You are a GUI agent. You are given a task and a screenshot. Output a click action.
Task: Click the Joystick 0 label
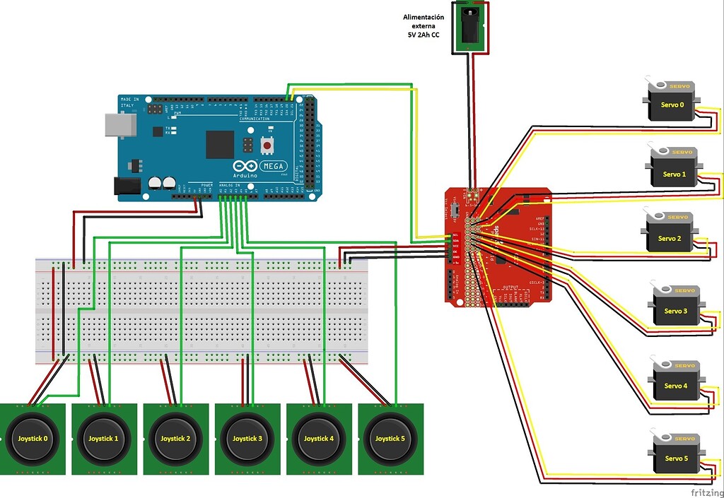coord(33,439)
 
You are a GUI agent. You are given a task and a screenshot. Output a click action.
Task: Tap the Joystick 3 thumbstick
coord(247,438)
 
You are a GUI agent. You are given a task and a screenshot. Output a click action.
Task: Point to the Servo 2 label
coord(669,239)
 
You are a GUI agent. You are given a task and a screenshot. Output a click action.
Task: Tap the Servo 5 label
coord(675,458)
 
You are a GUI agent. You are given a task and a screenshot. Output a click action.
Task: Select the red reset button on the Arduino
coord(269,146)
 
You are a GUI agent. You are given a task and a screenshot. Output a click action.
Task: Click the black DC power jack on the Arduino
coord(127,185)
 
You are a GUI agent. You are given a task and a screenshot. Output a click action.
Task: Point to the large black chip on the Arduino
coord(220,144)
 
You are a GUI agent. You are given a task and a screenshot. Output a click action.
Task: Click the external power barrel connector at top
coord(471,27)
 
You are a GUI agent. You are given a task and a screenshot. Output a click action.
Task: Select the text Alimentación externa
coord(424,21)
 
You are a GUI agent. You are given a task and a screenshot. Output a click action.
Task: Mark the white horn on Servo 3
coord(663,290)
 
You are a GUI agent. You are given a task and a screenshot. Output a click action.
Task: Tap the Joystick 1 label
coord(103,439)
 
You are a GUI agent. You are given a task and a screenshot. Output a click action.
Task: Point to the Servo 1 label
coord(674,174)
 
